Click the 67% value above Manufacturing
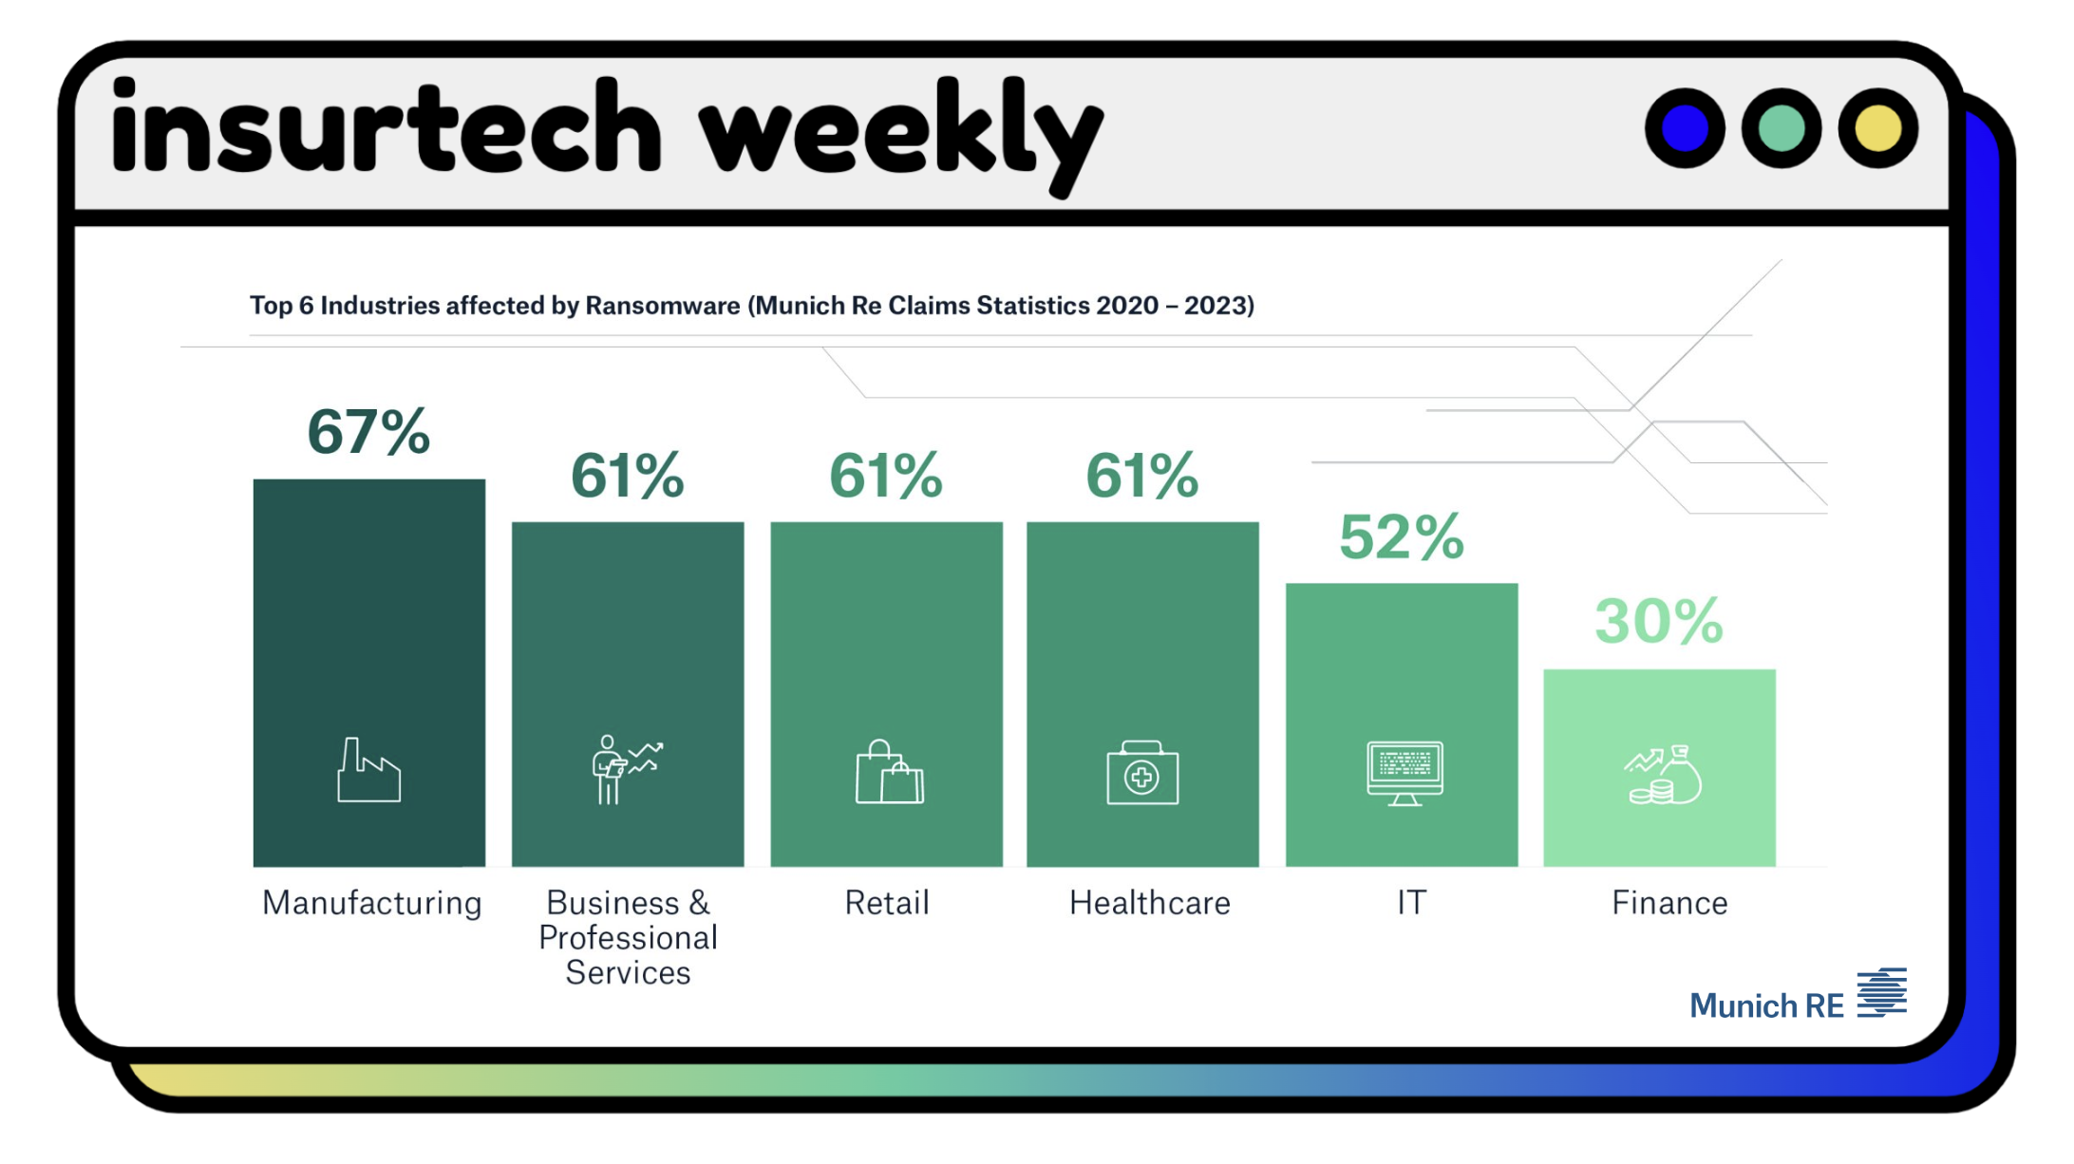(368, 432)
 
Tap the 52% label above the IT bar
(1401, 537)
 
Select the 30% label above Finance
(1658, 622)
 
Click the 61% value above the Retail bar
(885, 476)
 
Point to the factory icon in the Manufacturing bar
(368, 771)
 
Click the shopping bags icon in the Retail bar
(889, 773)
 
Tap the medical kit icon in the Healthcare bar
(1142, 774)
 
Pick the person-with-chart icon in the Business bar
(625, 769)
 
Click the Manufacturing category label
(371, 903)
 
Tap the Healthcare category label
(1149, 903)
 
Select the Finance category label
(1669, 903)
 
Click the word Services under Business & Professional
(628, 973)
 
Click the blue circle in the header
(1685, 129)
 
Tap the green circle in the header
(1781, 129)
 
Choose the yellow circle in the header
(1877, 129)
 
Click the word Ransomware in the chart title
(662, 306)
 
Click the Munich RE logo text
(1765, 1005)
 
